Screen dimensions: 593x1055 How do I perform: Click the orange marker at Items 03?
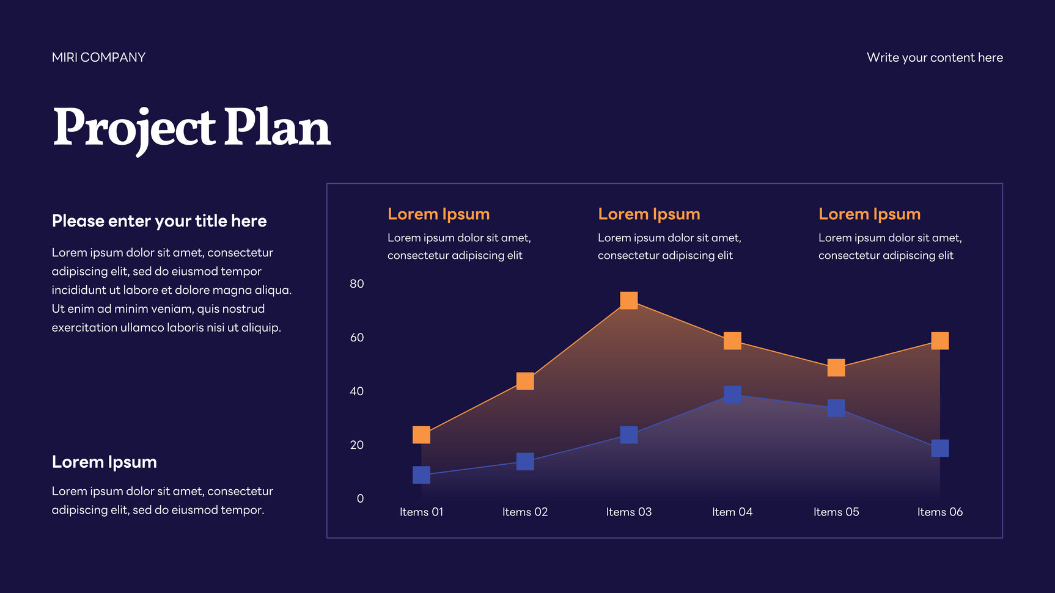tap(628, 300)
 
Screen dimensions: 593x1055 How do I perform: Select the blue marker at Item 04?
tap(732, 395)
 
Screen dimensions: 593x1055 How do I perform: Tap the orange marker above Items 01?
tap(421, 435)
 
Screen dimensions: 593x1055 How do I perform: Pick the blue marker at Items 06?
tap(939, 448)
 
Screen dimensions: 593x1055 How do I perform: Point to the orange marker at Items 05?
tap(836, 368)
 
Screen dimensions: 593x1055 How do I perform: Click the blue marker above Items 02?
tap(525, 462)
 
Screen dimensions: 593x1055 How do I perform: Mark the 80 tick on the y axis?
tap(357, 284)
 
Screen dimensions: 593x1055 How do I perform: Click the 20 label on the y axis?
tap(357, 445)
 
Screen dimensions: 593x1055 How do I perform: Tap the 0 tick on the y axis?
tap(360, 499)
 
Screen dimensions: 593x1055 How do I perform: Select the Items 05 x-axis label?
tap(836, 512)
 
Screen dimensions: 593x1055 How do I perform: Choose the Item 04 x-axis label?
tap(732, 512)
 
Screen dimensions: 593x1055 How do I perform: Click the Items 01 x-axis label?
tap(421, 512)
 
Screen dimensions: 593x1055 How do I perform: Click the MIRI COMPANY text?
tap(98, 57)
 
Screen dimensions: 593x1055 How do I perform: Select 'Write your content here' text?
tap(935, 57)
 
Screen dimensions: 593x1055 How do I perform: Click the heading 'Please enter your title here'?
tap(159, 221)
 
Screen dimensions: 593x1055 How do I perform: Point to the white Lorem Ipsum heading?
tap(105, 462)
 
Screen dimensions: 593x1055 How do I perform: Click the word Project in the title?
tap(134, 128)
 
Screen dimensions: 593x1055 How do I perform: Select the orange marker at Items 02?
tap(525, 381)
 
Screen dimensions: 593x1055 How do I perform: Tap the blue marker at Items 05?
tap(836, 408)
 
